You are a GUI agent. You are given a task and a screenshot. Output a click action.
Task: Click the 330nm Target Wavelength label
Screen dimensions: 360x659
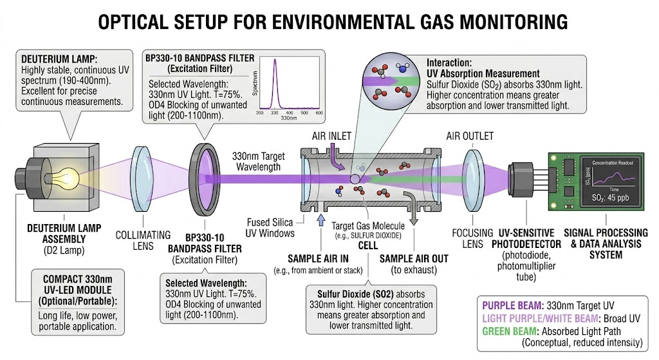tap(257, 161)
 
